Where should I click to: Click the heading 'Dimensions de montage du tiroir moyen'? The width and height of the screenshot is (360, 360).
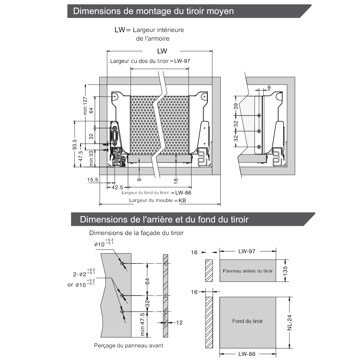click(153, 11)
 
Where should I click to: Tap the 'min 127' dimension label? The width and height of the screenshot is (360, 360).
click(85, 106)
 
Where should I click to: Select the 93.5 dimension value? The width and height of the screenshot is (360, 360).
click(75, 144)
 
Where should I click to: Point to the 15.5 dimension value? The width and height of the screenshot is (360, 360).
click(93, 180)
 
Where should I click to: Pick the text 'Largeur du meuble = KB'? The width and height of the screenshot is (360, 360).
click(159, 200)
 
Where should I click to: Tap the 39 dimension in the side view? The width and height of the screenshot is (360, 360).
click(236, 106)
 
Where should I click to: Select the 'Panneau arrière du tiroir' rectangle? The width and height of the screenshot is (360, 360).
click(248, 271)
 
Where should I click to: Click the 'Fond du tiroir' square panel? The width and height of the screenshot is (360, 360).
click(248, 321)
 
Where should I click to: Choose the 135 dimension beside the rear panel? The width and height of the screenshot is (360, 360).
click(285, 270)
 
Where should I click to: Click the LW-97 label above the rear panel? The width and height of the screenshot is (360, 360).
click(247, 252)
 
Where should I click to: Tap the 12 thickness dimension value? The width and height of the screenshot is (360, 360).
click(179, 323)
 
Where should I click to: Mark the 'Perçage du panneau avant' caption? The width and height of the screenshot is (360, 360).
click(129, 346)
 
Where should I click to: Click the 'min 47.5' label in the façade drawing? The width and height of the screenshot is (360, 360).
click(143, 325)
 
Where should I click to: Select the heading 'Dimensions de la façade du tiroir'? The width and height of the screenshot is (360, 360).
click(136, 233)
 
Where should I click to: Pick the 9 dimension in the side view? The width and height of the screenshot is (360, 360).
click(269, 87)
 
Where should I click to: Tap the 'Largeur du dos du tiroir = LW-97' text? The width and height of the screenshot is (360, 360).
click(150, 61)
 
